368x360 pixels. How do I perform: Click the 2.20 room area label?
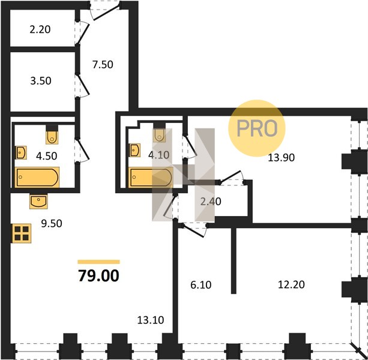click(40, 29)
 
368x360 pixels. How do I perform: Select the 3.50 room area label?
click(41, 80)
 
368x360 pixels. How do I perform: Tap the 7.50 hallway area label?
click(103, 64)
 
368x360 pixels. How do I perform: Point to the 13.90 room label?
click(281, 158)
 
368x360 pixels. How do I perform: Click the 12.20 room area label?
click(291, 284)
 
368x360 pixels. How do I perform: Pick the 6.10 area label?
click(201, 285)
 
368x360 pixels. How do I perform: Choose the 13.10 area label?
click(151, 320)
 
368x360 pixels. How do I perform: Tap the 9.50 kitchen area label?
click(52, 224)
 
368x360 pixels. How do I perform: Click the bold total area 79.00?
click(98, 275)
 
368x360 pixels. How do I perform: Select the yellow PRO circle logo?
click(257, 128)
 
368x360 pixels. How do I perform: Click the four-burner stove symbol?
click(22, 233)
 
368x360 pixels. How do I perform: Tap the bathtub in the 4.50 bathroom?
click(37, 178)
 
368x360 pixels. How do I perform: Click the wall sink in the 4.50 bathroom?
click(21, 152)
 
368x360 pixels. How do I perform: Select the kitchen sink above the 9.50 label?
click(38, 201)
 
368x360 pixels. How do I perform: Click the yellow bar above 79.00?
click(99, 262)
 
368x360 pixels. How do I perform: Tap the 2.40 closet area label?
click(211, 202)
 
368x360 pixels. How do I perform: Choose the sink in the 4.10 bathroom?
click(134, 150)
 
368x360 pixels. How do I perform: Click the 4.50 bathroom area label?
click(46, 156)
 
